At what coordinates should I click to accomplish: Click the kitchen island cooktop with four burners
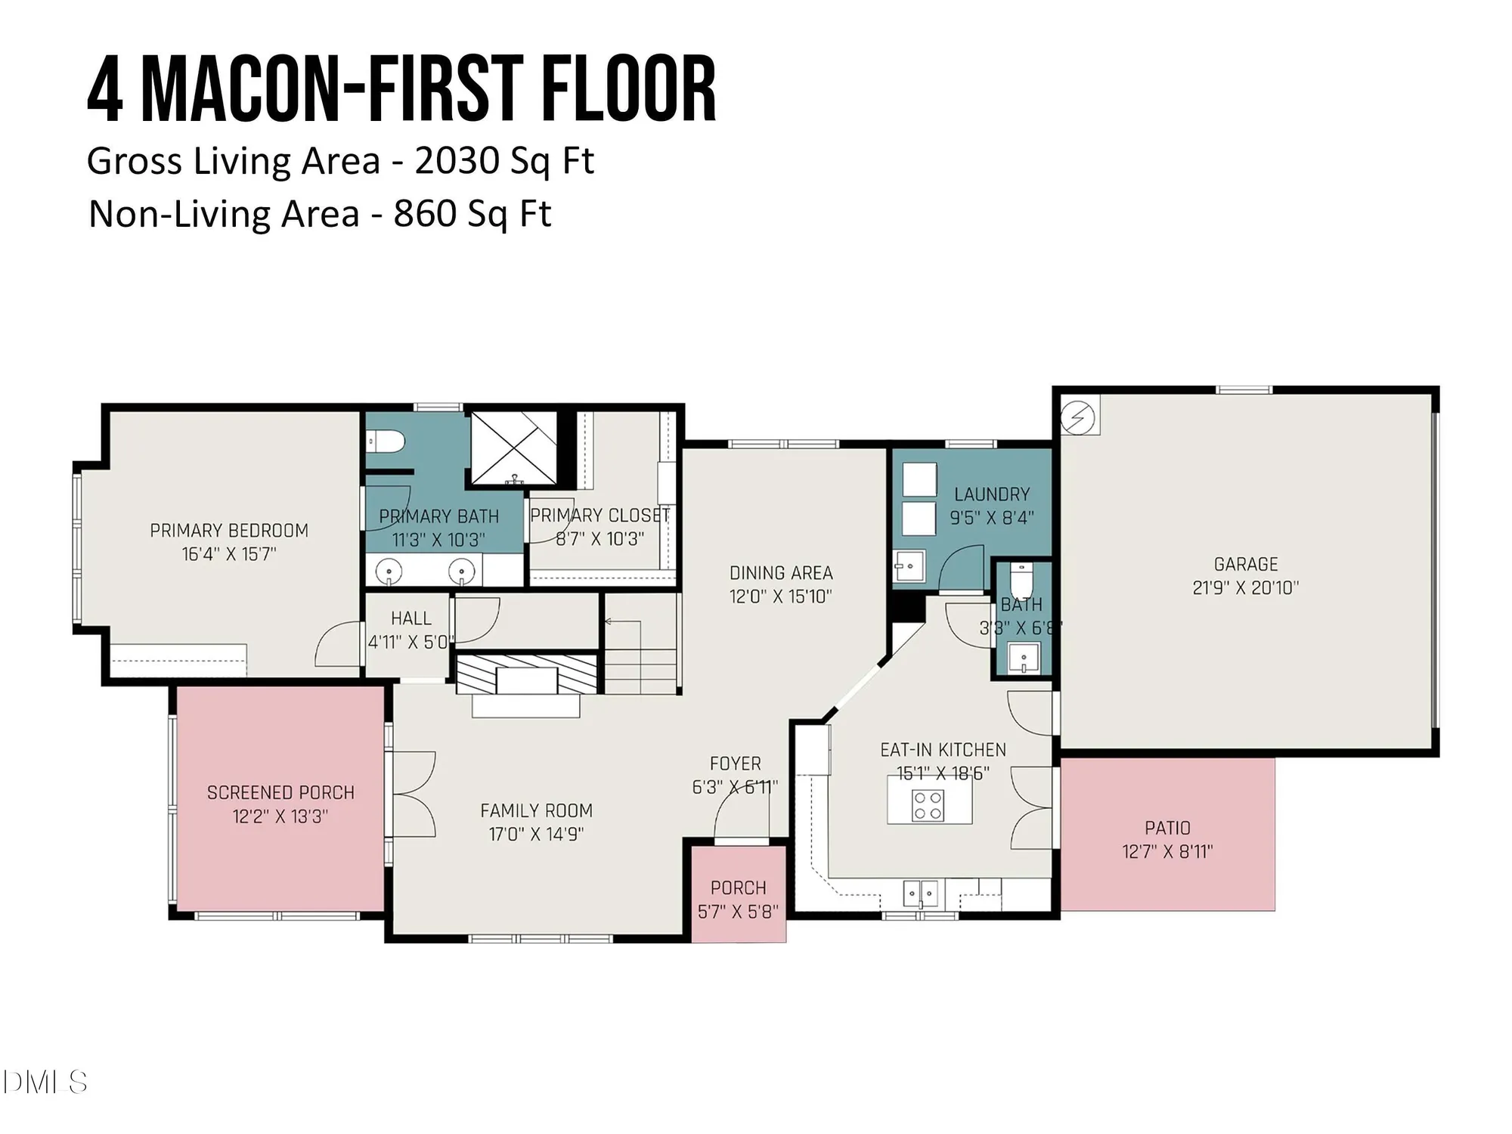928,805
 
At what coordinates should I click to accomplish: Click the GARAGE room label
1245,564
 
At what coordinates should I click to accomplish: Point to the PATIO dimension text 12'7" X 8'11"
1167,852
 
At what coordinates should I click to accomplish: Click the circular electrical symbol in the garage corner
1078,417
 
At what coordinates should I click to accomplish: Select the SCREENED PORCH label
280,792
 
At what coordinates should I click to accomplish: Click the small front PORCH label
738,888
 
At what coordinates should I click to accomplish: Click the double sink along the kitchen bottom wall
920,894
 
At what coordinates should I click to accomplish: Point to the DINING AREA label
781,573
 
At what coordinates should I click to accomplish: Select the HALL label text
411,618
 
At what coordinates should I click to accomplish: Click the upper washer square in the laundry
920,479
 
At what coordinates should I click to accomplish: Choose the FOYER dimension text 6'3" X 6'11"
734,787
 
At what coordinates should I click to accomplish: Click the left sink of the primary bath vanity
389,571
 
